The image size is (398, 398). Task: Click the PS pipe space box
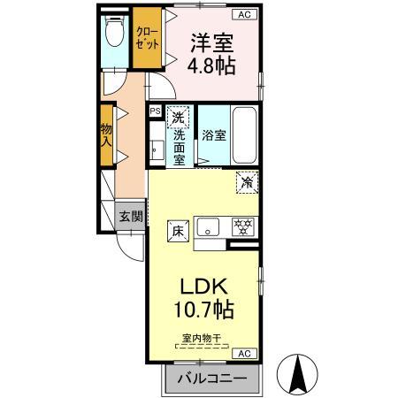tap(155, 111)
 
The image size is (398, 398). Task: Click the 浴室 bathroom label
tap(213, 136)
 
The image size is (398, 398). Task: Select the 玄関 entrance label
tap(131, 216)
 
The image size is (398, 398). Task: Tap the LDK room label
tap(206, 287)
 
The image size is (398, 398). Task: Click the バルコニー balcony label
tap(212, 380)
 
